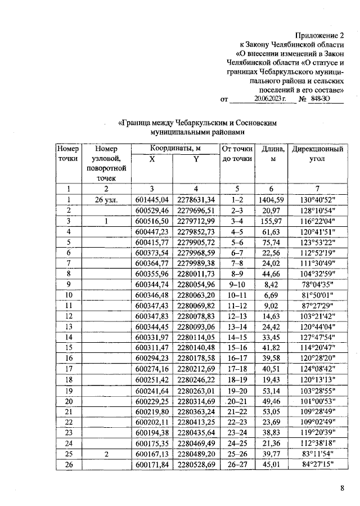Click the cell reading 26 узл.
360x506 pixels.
coord(106,199)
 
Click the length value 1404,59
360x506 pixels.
coord(273,199)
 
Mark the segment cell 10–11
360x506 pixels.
coord(236,295)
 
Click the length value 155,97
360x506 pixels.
coord(273,221)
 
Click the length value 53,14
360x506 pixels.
coord(273,391)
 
